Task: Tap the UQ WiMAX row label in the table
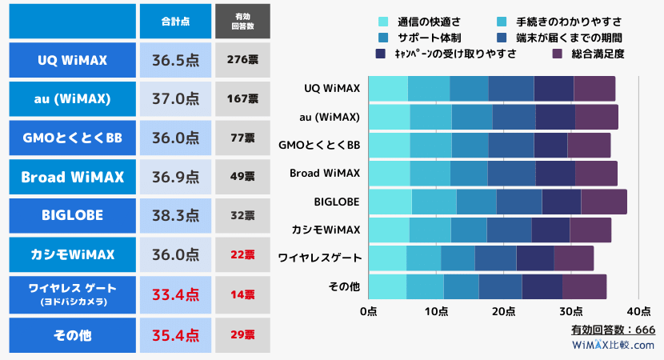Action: (73, 59)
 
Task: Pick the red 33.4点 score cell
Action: (175, 294)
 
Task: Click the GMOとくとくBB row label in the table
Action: (73, 137)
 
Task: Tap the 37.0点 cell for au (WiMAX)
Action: (175, 98)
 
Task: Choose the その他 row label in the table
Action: (73, 334)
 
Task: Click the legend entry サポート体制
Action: (421, 38)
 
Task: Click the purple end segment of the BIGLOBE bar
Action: (604, 202)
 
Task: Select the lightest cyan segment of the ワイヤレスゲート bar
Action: (387, 258)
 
